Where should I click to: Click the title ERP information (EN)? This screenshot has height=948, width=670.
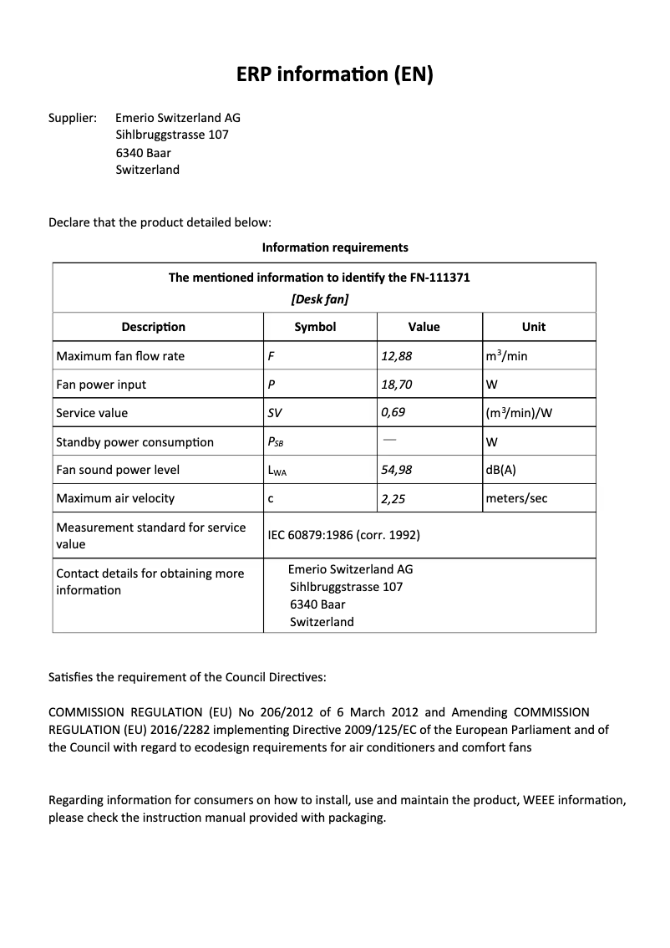coord(335,75)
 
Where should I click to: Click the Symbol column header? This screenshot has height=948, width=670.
coord(315,327)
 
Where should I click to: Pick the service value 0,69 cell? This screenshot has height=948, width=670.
coord(393,413)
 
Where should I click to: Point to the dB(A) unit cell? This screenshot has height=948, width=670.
coord(500,470)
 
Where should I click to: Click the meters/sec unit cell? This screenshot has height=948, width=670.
coord(516,498)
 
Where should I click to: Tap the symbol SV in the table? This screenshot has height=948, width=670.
coord(275,413)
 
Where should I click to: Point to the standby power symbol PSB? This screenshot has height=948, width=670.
coord(276,442)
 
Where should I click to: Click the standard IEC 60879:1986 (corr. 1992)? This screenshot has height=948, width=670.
coord(343,535)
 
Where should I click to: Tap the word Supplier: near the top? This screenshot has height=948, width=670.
coord(73,118)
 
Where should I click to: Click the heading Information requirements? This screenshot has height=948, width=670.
coord(335,247)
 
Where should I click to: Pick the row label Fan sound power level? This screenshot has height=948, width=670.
coord(118,470)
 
